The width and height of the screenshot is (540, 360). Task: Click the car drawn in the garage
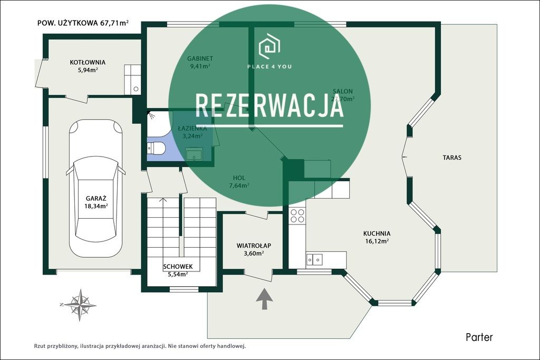click(95, 187)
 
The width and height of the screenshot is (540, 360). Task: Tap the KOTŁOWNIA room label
click(88, 66)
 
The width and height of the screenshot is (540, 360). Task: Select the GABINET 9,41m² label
click(200, 62)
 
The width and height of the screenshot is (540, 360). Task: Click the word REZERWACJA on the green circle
click(269, 106)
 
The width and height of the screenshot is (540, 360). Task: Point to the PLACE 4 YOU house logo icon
click(269, 46)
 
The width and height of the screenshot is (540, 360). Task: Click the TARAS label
click(452, 158)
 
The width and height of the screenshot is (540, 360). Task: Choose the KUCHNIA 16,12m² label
click(377, 237)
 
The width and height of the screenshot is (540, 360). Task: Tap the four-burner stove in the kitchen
click(297, 216)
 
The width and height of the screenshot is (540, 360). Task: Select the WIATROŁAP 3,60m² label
click(254, 249)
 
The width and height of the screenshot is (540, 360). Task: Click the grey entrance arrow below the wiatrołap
click(264, 298)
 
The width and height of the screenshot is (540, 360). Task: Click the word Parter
click(479, 337)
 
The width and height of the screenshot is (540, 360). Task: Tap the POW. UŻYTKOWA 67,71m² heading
click(83, 23)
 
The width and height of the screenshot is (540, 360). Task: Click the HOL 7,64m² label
click(239, 181)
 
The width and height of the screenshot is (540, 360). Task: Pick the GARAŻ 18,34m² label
click(97, 202)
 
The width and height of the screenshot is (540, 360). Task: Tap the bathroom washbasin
click(195, 154)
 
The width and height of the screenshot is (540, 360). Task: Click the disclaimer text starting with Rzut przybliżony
click(140, 346)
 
